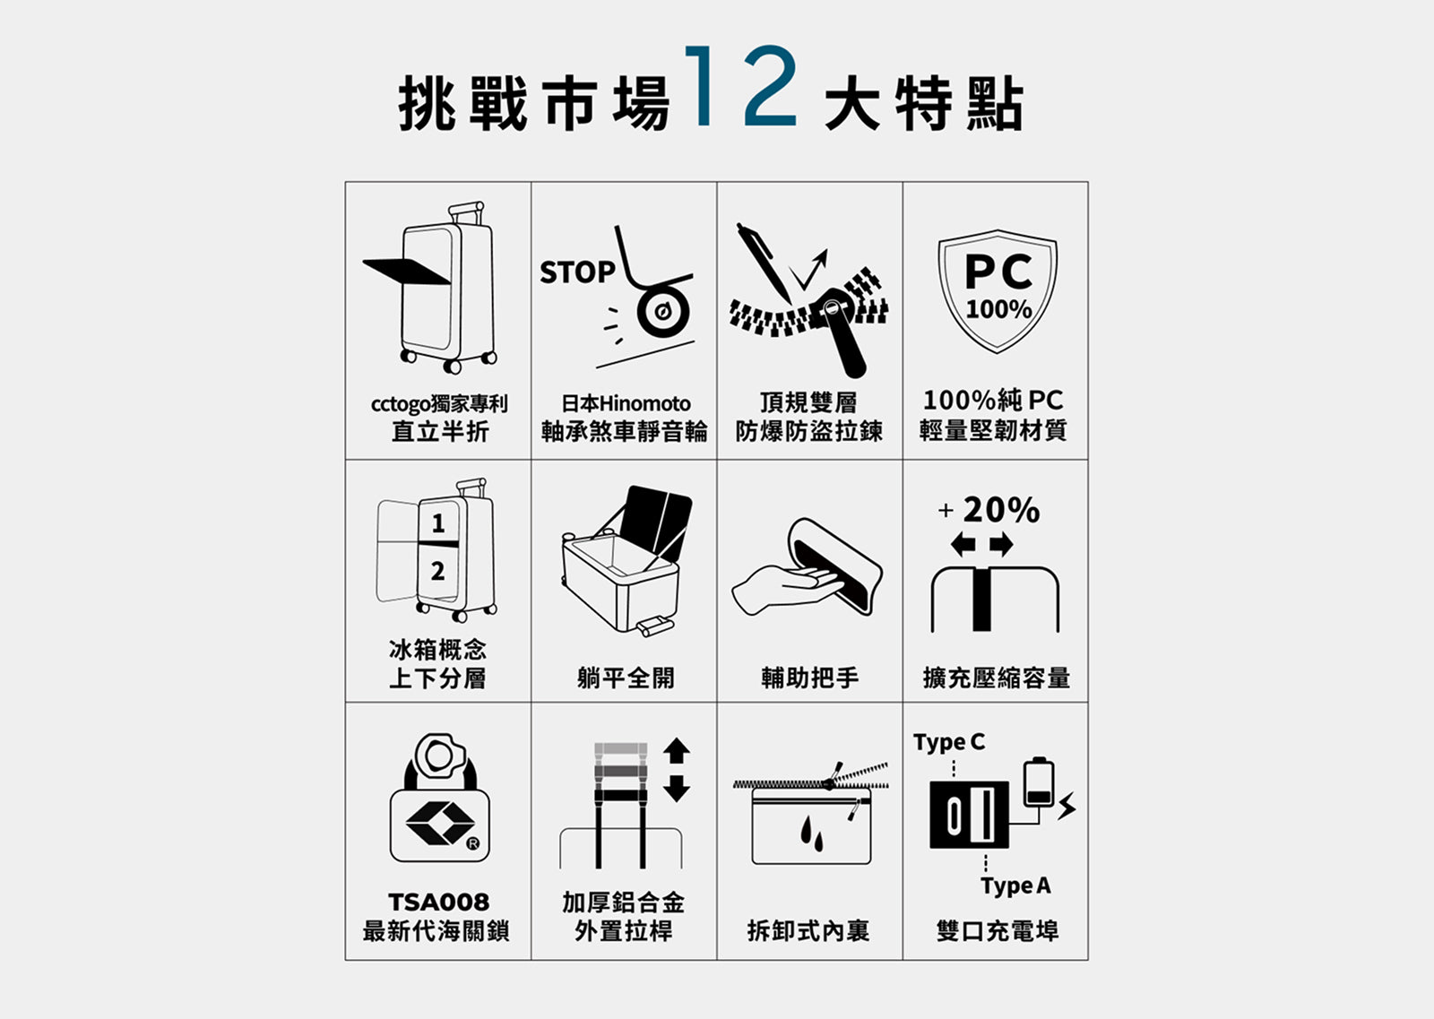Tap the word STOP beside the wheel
pyautogui.click(x=577, y=272)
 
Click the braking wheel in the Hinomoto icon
pyautogui.click(x=663, y=312)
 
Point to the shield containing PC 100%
pyautogui.click(x=998, y=291)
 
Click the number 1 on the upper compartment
pyautogui.click(x=438, y=523)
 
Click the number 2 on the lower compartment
pyautogui.click(x=438, y=570)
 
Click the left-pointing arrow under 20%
pyautogui.click(x=963, y=545)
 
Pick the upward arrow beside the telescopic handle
pyautogui.click(x=677, y=750)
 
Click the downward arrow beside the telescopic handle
pyautogui.click(x=677, y=789)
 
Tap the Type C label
pyautogui.click(x=949, y=742)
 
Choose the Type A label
pyautogui.click(x=1015, y=886)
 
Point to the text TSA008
pyautogui.click(x=438, y=902)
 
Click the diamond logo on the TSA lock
pyautogui.click(x=440, y=822)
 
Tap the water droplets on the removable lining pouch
pyautogui.click(x=811, y=833)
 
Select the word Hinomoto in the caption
pyautogui.click(x=644, y=403)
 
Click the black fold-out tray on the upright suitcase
pyautogui.click(x=407, y=272)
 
